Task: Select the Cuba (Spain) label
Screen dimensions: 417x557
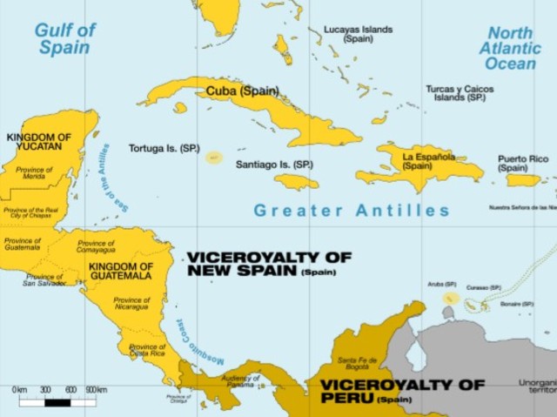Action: (x=243, y=91)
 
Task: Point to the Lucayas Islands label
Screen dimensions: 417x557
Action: (x=359, y=34)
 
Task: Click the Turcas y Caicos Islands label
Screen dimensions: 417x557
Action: (x=460, y=93)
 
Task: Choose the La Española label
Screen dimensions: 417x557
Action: (x=428, y=161)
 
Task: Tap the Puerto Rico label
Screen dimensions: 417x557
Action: (x=523, y=164)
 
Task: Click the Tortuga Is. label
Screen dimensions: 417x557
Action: (x=164, y=148)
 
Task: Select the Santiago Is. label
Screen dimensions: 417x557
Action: (x=274, y=164)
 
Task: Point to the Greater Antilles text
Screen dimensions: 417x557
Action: (x=352, y=211)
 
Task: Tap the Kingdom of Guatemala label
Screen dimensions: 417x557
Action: (x=121, y=271)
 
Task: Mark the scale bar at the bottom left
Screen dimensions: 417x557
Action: (x=58, y=401)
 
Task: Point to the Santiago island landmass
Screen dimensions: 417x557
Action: (x=296, y=182)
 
